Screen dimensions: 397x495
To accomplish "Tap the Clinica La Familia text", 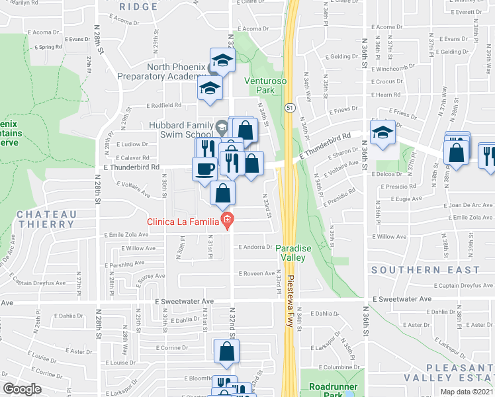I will click(x=183, y=221).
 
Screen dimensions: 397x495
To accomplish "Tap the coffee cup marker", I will click(x=204, y=168).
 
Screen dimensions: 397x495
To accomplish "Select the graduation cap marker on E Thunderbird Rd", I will click(x=382, y=132).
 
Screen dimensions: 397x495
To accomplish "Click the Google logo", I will click(x=22, y=388).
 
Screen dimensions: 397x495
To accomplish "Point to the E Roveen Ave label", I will click(x=256, y=273).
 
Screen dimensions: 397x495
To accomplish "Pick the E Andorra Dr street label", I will click(x=255, y=247).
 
